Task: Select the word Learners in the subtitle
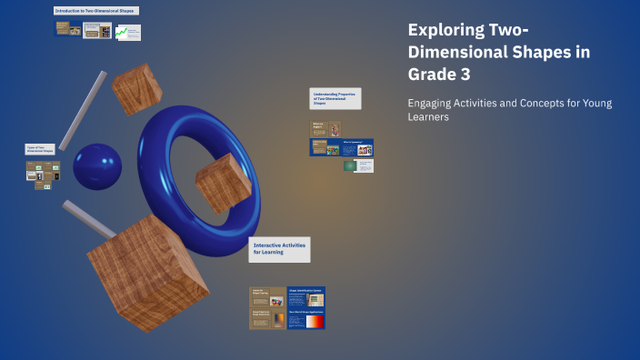pyautogui.click(x=428, y=117)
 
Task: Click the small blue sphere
pyautogui.click(x=97, y=166)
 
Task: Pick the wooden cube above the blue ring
pyautogui.click(x=137, y=89)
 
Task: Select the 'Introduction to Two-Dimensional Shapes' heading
pyautogui.click(x=96, y=11)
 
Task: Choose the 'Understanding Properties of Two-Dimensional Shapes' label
pyautogui.click(x=335, y=98)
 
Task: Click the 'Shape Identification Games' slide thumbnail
pyautogui.click(x=305, y=296)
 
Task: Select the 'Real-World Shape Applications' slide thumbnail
pyautogui.click(x=305, y=319)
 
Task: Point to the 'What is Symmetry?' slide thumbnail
pyautogui.click(x=356, y=147)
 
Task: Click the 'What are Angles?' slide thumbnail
pyautogui.click(x=325, y=129)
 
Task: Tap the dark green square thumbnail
pyautogui.click(x=350, y=165)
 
